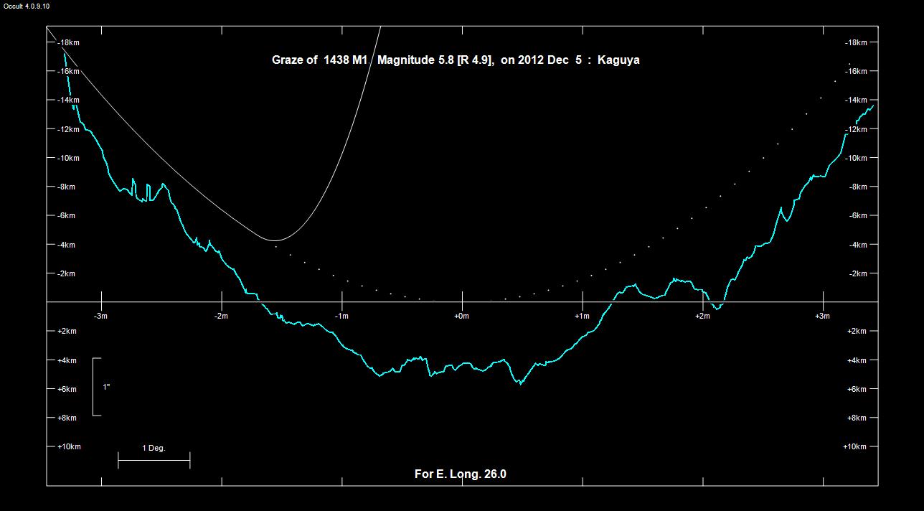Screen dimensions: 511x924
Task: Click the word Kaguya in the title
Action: tap(618, 60)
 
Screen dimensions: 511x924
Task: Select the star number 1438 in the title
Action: tap(334, 60)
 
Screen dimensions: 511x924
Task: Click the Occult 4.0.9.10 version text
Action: tap(27, 6)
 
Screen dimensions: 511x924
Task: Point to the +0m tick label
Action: tap(461, 316)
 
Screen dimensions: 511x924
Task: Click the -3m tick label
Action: tap(100, 316)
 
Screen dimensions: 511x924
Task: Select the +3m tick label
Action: tap(822, 316)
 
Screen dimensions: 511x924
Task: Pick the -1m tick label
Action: tap(341, 316)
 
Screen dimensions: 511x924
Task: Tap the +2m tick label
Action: tap(702, 316)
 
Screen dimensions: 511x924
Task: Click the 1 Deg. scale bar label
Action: tap(154, 449)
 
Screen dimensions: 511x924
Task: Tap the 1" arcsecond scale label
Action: tap(106, 387)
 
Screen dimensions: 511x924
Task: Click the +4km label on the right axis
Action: tap(856, 360)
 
